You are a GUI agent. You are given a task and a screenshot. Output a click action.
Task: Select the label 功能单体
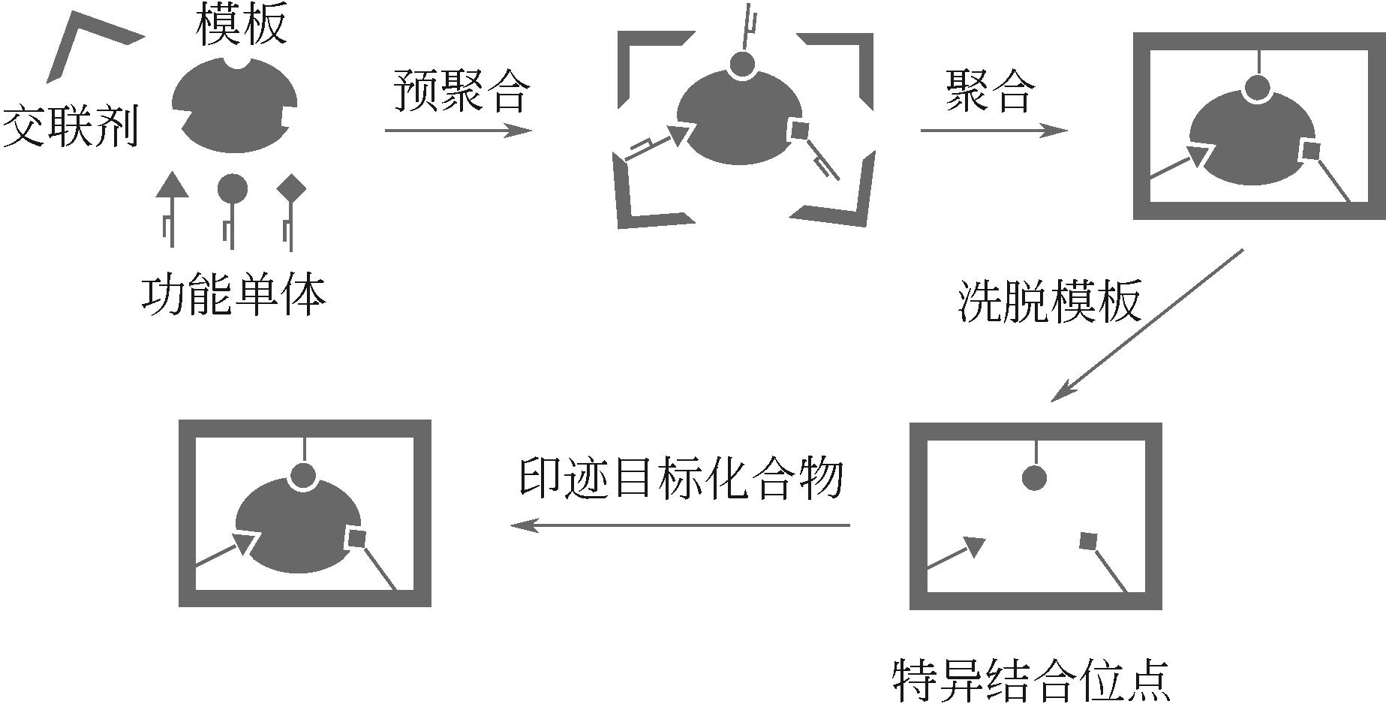point(234,295)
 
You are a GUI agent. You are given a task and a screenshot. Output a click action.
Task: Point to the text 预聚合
point(461,91)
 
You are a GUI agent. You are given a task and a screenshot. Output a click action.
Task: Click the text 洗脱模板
point(1049,302)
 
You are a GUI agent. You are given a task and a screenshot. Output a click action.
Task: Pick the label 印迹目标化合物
point(681,477)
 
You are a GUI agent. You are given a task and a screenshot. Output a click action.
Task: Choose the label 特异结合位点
point(1032,680)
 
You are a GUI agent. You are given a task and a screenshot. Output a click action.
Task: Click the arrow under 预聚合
point(458,131)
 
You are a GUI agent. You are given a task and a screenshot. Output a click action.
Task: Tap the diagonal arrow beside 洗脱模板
point(1147,325)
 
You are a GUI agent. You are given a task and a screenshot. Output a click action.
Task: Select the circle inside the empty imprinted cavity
point(1034,477)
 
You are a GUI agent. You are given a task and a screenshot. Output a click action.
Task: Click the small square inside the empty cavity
point(1088,540)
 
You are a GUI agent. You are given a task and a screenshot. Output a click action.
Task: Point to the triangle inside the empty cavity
point(973,546)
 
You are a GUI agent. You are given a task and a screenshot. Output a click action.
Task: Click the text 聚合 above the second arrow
point(990,91)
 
